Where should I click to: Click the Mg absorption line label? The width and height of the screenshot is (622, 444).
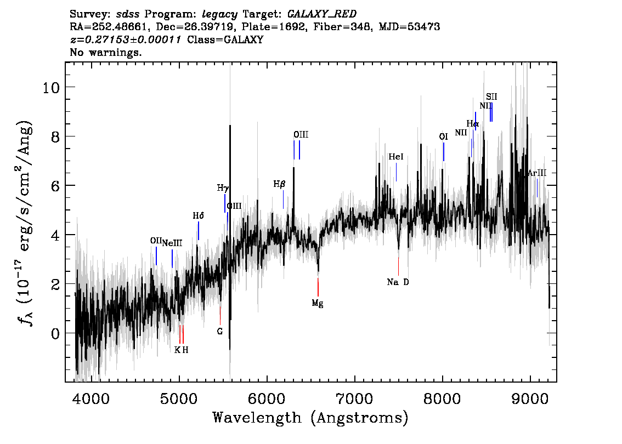(318, 304)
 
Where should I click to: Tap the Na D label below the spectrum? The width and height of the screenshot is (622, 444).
(398, 282)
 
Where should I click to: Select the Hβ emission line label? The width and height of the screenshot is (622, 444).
(279, 184)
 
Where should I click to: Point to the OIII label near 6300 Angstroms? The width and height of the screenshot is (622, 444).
(301, 135)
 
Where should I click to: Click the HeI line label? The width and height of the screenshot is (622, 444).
(396, 157)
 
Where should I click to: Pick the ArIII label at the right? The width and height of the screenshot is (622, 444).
(537, 173)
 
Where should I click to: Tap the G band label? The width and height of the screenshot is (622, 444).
(220, 332)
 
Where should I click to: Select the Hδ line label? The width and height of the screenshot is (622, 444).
(199, 215)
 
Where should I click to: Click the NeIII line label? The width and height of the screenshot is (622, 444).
(173, 243)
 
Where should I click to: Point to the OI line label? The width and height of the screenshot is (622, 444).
(444, 137)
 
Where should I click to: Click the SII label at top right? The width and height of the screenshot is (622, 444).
(491, 96)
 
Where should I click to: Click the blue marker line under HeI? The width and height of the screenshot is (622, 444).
(396, 172)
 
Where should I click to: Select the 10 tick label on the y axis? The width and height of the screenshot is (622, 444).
(51, 87)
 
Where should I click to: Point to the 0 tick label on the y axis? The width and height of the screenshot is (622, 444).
(55, 333)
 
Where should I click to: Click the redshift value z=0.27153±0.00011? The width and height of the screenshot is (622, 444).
(126, 39)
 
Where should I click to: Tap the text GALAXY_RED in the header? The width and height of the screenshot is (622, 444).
(322, 14)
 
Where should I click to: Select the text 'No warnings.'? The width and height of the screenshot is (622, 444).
(105, 52)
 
